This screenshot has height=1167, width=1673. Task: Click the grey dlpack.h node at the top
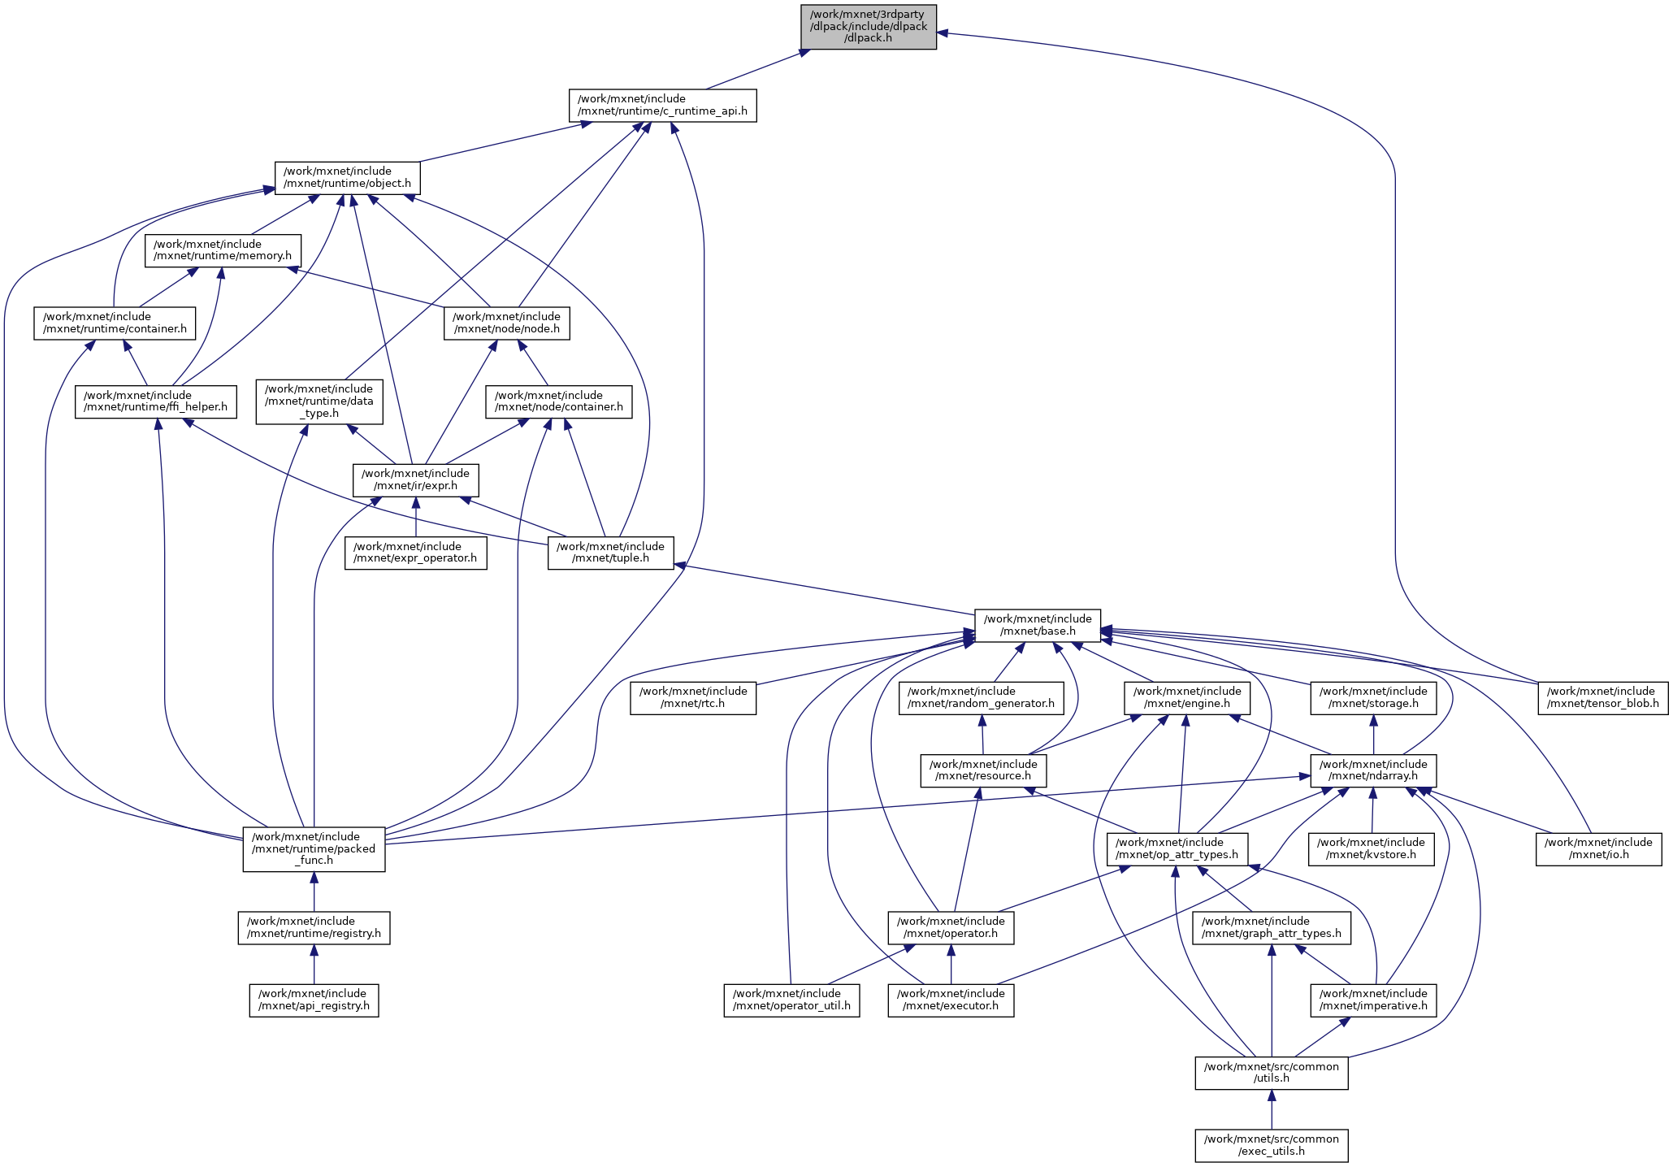(x=869, y=27)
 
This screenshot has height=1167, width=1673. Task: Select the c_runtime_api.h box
(x=662, y=105)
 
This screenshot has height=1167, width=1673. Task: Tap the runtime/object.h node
(x=348, y=177)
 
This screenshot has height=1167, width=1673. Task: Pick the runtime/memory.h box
(x=223, y=250)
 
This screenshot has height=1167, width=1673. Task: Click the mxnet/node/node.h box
(x=506, y=323)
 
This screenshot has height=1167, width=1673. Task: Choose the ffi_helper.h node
(x=156, y=401)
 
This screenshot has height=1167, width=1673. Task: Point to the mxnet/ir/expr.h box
(x=415, y=479)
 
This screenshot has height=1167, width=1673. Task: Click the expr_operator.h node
(x=415, y=553)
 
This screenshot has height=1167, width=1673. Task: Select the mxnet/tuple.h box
(x=610, y=553)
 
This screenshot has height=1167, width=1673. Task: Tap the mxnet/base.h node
(x=1038, y=625)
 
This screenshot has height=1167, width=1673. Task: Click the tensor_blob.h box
(x=1602, y=697)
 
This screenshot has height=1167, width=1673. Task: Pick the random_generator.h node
(x=981, y=697)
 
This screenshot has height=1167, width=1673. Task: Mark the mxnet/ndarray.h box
(x=1373, y=770)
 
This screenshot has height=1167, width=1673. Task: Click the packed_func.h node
(x=314, y=848)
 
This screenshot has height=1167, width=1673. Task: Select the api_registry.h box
(x=314, y=1000)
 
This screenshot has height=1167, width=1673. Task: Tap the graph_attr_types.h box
(x=1272, y=927)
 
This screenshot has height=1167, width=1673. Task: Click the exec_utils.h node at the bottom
(x=1272, y=1145)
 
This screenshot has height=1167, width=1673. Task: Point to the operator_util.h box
(x=791, y=1000)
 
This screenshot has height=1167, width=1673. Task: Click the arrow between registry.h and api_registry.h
(x=314, y=964)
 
